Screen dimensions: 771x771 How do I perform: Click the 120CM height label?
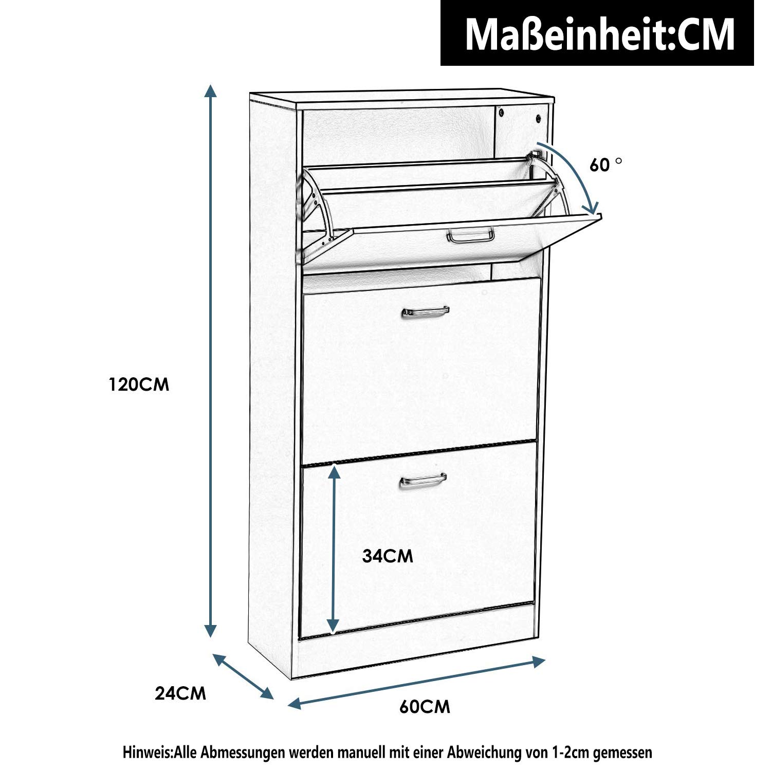[x=139, y=384]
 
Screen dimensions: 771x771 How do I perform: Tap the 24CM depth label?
[x=180, y=693]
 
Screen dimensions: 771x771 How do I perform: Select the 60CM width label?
[x=425, y=707]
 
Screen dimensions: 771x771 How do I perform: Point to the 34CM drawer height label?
[x=388, y=556]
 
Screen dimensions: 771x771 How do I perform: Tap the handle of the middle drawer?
[x=425, y=311]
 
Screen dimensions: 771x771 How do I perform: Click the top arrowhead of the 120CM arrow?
[x=210, y=91]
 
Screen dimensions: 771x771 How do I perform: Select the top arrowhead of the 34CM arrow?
[x=334, y=468]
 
